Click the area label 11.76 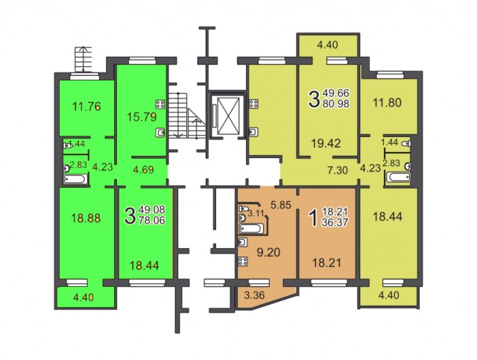tap(86, 107)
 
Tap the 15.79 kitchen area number tap(142, 117)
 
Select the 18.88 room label tap(86, 218)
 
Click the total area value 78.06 tap(152, 219)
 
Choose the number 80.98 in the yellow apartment tap(336, 103)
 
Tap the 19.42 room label tap(326, 143)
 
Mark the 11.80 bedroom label tap(388, 102)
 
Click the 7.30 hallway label tap(338, 170)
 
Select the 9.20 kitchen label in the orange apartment tap(268, 252)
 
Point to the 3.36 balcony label tap(254, 295)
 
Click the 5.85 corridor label tap(281, 205)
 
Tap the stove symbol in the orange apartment tap(243, 262)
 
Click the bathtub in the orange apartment tap(250, 228)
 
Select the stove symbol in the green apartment tap(160, 104)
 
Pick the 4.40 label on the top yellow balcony tap(327, 45)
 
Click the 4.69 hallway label tap(143, 169)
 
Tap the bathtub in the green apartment tap(75, 179)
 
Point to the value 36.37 tap(335, 222)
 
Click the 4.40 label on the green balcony tap(83, 297)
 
